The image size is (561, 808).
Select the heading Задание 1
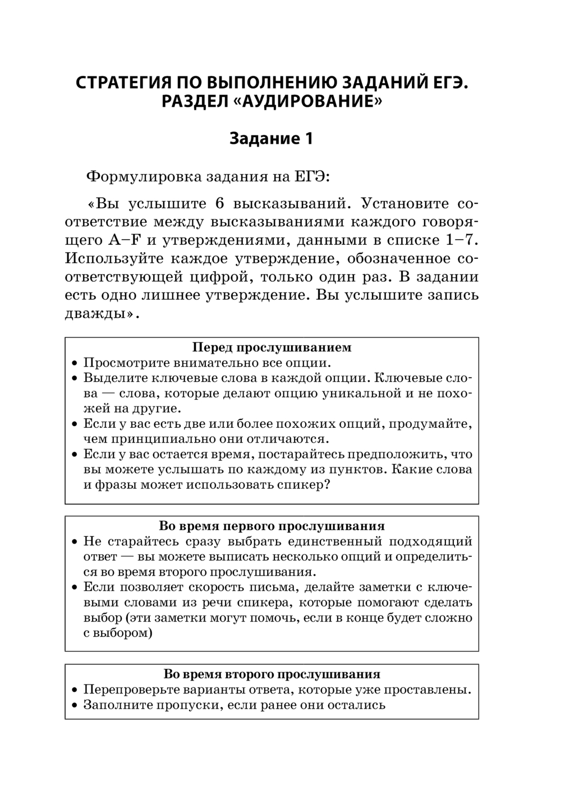point(271,138)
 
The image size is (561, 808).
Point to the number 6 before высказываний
point(219,203)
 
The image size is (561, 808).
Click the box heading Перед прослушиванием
point(272,347)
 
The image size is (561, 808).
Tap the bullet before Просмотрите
point(75,363)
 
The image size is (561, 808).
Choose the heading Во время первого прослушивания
point(272,526)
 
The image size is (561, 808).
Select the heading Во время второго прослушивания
point(272,674)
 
